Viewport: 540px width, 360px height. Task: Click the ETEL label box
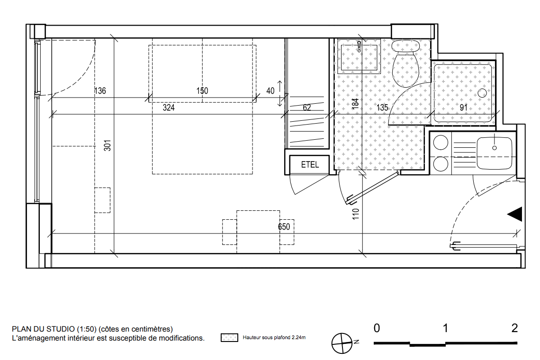tap(310, 165)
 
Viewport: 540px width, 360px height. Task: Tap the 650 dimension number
tap(284, 227)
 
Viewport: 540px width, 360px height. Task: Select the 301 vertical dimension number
tap(108, 145)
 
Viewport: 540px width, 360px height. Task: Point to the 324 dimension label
tap(169, 108)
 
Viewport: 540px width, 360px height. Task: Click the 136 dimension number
tap(100, 90)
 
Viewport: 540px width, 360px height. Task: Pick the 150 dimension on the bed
tap(202, 90)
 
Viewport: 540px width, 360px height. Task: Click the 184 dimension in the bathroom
tap(355, 104)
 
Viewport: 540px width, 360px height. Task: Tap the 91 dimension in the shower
tap(464, 108)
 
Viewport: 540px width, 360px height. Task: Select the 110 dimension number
tap(356, 214)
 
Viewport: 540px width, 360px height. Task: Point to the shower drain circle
tap(482, 93)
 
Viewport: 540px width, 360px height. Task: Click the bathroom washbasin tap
tap(359, 46)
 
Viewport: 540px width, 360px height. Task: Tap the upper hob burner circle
tap(441, 143)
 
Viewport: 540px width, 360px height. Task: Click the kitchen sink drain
tap(495, 148)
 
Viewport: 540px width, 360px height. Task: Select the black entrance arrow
tap(515, 214)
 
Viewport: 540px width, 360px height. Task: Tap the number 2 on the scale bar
tap(514, 328)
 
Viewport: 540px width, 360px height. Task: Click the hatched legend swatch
tap(229, 338)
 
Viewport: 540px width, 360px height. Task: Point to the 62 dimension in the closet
tap(307, 108)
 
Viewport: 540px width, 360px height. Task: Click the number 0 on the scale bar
tap(377, 328)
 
